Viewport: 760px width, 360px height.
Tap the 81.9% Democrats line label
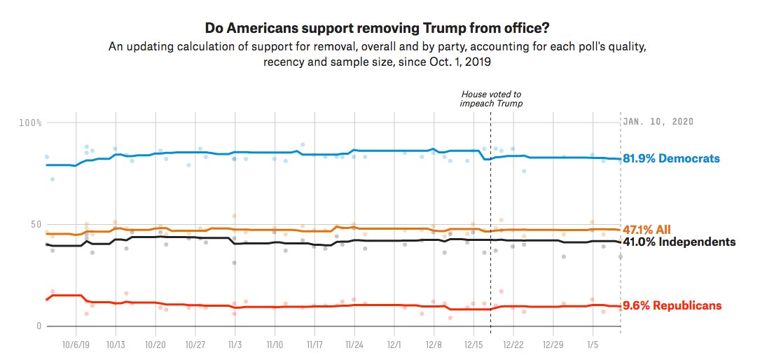[x=672, y=159]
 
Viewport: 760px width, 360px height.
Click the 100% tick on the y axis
[x=31, y=123]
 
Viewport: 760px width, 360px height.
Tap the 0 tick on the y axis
[x=39, y=326]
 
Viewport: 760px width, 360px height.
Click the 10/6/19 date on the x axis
[x=76, y=345]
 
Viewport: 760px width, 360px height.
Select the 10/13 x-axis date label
[x=116, y=345]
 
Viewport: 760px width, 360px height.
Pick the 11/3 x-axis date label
[x=235, y=345]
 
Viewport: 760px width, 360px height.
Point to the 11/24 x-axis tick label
[x=354, y=345]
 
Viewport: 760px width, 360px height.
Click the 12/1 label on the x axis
[x=394, y=345]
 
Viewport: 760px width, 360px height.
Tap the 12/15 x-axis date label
[x=474, y=345]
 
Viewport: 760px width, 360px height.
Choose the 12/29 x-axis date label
[x=553, y=345]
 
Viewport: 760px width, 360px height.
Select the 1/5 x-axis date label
[x=593, y=345]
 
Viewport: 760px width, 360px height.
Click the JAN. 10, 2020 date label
[x=658, y=121]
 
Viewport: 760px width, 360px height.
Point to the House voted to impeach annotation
[x=491, y=99]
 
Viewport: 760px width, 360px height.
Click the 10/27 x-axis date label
[x=195, y=345]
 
